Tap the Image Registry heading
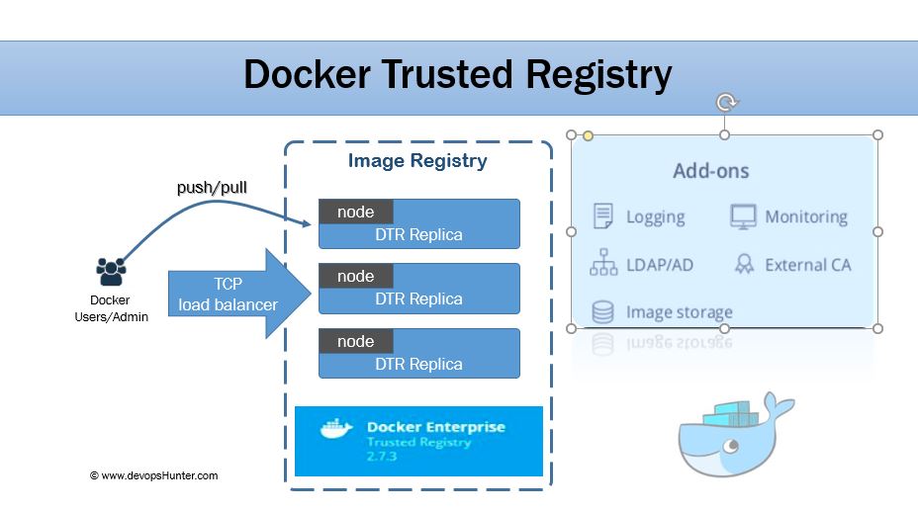pyautogui.click(x=417, y=161)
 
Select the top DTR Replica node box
pyautogui.click(x=418, y=223)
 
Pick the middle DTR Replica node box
pyautogui.click(x=418, y=288)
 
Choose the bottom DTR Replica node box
pyautogui.click(x=418, y=353)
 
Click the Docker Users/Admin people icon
pyautogui.click(x=111, y=271)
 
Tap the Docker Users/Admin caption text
pyautogui.click(x=111, y=308)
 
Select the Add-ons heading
pyautogui.click(x=711, y=171)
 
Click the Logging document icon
pyautogui.click(x=602, y=216)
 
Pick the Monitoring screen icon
pyautogui.click(x=743, y=216)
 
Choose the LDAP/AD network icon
pyautogui.click(x=602, y=264)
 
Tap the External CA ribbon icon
pyautogui.click(x=744, y=264)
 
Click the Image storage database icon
pyautogui.click(x=602, y=312)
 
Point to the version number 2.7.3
pyautogui.click(x=383, y=459)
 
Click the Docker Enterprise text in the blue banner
pyautogui.click(x=435, y=428)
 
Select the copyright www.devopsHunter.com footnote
pyautogui.click(x=153, y=475)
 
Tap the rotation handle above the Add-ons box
pyautogui.click(x=725, y=102)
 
